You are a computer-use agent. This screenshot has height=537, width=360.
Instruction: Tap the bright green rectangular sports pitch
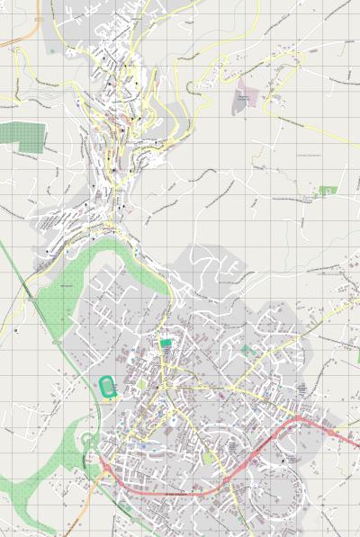pos(165,342)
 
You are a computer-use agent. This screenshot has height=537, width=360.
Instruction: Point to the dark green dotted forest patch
pos(22,135)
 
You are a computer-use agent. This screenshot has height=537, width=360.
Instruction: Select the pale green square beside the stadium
pos(140,384)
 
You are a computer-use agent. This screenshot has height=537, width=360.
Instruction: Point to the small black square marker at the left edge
pos(16,330)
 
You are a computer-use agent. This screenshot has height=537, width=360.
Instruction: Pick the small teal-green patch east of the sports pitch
pos(245,348)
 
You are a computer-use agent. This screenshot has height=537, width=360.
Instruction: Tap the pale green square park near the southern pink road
pos(209,458)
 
